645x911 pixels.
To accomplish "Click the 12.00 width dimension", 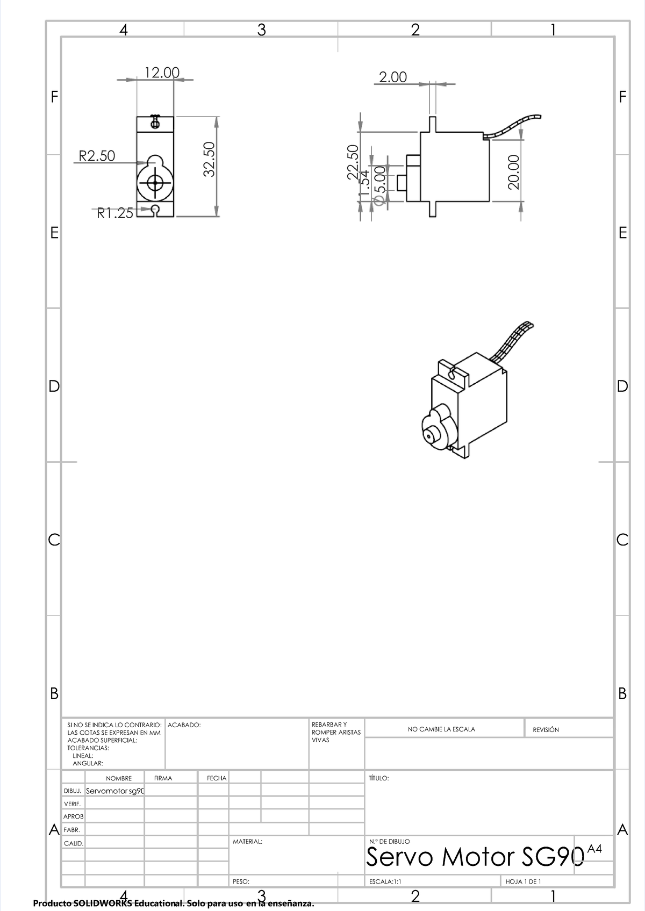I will click(x=161, y=72).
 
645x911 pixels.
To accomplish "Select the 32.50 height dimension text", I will click(x=209, y=159).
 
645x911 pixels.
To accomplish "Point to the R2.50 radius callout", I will click(x=97, y=156).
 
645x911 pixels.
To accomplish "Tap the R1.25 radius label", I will click(x=114, y=213).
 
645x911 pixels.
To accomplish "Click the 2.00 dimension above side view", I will click(x=393, y=77).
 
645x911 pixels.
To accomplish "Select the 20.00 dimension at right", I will click(x=514, y=172).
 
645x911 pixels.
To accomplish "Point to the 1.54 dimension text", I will click(x=365, y=184).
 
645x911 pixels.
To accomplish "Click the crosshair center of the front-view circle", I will click(x=155, y=183).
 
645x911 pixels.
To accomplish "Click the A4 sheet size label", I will click(x=594, y=849).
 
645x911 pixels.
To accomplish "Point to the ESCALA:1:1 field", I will click(x=385, y=881).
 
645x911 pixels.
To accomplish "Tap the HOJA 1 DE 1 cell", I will click(x=523, y=881).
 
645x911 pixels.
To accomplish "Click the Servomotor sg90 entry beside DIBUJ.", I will click(x=115, y=791).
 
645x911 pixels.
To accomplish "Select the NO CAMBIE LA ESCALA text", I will click(x=441, y=729).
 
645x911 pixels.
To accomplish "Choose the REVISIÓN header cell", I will click(x=546, y=730).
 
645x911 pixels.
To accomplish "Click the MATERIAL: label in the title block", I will click(x=247, y=842).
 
